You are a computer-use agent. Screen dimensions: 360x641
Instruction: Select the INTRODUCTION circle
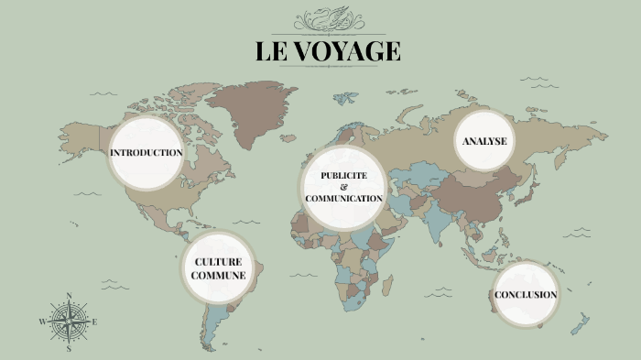coord(146,152)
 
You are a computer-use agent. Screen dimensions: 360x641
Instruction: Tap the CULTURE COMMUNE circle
coord(217,268)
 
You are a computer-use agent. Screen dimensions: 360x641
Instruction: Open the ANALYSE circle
coord(484,141)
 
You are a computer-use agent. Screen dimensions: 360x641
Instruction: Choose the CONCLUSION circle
coord(526,295)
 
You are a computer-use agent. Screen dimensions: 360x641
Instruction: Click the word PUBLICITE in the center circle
coord(343,175)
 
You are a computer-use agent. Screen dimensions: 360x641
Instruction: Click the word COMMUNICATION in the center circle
coord(343,198)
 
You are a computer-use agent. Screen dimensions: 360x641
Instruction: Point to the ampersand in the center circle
coord(343,187)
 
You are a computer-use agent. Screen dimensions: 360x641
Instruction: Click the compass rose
coord(69,322)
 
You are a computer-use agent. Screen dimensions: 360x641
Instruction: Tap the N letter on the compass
coord(69,296)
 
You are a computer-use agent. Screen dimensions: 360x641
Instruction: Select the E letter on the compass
coord(94,322)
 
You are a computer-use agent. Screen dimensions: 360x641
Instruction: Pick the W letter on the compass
coord(42,322)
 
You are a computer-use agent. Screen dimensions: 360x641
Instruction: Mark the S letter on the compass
coord(69,348)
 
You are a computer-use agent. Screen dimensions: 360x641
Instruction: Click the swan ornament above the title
coord(327,20)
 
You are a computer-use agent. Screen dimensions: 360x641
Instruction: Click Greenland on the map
coord(259,110)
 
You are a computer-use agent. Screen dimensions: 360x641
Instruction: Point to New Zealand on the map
coord(579,322)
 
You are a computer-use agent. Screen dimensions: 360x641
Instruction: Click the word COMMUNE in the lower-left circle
coord(217,275)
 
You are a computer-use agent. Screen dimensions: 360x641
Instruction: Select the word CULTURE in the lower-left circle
coord(217,262)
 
